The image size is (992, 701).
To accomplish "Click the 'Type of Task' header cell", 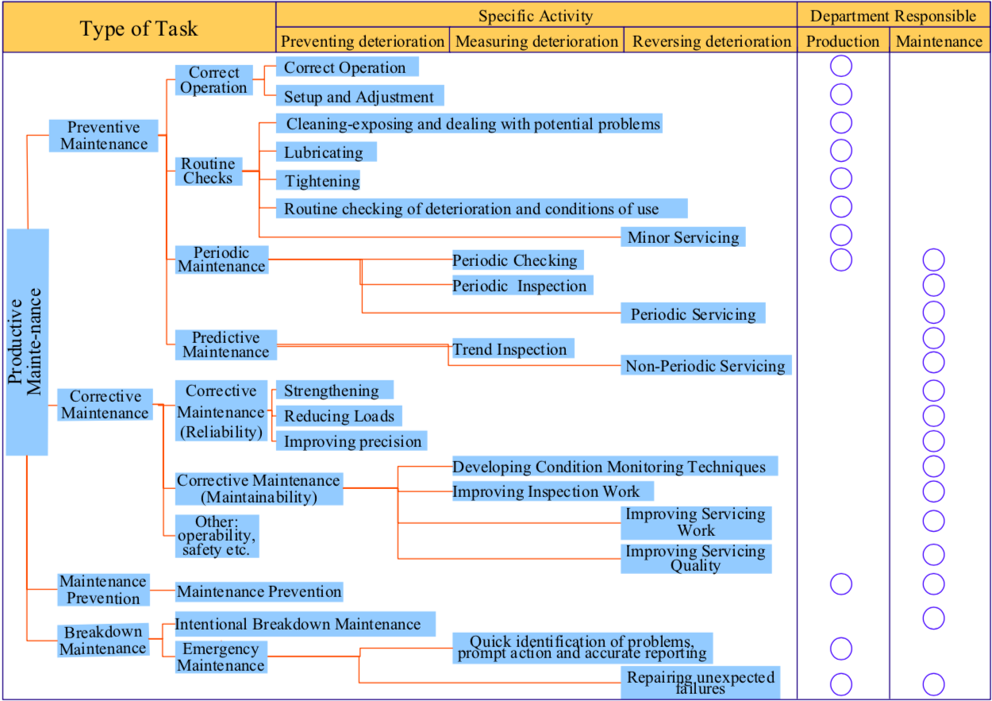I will (x=139, y=29).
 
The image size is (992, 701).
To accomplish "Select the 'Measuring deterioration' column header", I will (x=536, y=41).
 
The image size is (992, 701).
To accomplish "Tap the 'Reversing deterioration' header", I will (x=711, y=41).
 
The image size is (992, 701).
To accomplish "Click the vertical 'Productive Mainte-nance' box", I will (x=27, y=341).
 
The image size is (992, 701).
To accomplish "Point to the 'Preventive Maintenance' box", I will (x=103, y=136).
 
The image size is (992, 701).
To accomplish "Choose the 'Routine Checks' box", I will (x=208, y=171).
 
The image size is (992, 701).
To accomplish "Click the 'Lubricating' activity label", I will (x=325, y=152).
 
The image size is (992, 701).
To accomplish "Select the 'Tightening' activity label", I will (x=321, y=181).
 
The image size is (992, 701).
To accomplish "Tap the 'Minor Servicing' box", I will (x=682, y=237).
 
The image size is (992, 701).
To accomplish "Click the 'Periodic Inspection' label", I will (x=521, y=286).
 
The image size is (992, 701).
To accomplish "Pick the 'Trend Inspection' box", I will (x=511, y=349).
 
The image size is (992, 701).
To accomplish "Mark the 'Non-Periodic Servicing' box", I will (x=706, y=366).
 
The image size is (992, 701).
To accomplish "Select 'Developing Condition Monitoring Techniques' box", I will (x=609, y=467).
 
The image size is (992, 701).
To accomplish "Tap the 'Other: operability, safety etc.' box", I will (x=216, y=536).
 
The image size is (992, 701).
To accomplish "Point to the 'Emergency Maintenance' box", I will (x=221, y=657).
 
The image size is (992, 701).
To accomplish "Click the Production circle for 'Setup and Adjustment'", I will (x=841, y=94).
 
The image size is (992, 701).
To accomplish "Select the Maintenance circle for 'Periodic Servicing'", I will (x=934, y=312).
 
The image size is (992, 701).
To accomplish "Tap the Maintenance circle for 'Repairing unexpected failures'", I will (x=934, y=684).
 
